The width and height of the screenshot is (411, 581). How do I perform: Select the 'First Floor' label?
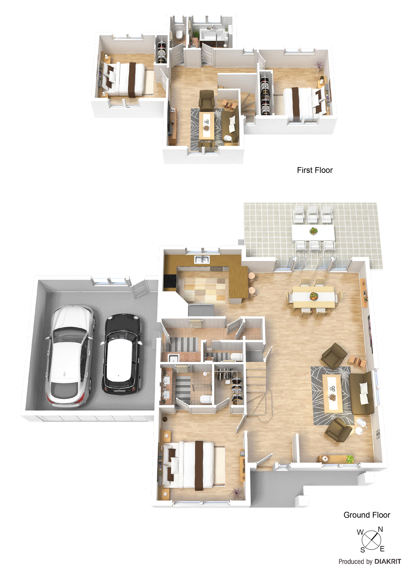(314, 170)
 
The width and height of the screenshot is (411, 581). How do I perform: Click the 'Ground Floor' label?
(366, 515)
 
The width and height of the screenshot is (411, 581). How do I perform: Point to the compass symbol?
(371, 540)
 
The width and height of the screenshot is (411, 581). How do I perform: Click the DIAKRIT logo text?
(388, 561)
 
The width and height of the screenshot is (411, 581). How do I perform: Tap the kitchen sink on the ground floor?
(201, 260)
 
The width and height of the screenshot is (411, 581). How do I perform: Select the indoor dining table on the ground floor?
(314, 296)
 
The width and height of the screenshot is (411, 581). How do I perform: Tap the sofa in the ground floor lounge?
(361, 393)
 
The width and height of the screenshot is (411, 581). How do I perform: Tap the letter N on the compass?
(380, 529)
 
